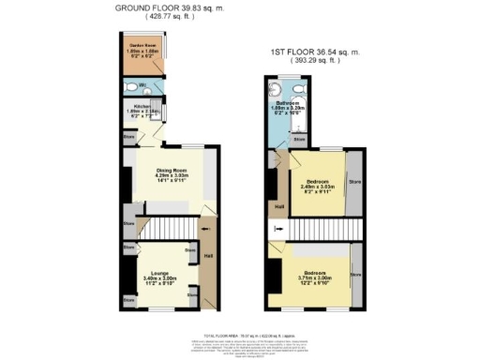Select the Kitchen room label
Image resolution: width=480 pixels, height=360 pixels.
pyautogui.click(x=142, y=110)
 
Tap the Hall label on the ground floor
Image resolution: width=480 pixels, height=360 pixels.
pyautogui.click(x=208, y=256)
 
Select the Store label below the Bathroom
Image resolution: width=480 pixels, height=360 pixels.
pyautogui.click(x=297, y=140)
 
